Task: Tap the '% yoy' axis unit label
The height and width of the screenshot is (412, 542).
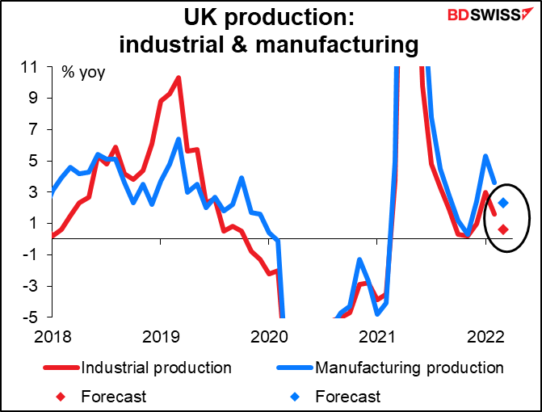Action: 82,73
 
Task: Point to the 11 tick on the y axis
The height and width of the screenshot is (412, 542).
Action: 36,67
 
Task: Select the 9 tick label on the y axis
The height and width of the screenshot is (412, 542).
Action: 40,98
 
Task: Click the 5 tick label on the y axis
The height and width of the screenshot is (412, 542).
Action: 40,161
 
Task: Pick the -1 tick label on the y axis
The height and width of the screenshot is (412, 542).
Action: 38,254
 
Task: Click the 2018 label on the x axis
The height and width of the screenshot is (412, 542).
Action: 51,336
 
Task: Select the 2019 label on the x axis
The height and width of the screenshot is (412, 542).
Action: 160,336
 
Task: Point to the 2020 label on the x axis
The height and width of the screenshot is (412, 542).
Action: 269,336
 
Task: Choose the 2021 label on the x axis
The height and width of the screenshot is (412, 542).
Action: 378,336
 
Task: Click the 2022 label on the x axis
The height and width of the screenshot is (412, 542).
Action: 487,336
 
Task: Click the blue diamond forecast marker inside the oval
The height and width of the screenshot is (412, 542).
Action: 502,203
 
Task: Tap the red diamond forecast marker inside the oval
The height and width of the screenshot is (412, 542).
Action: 502,229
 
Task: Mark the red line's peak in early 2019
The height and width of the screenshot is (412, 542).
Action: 179,78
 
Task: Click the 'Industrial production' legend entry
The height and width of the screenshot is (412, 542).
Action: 156,368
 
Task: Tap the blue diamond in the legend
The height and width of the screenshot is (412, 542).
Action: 296,397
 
